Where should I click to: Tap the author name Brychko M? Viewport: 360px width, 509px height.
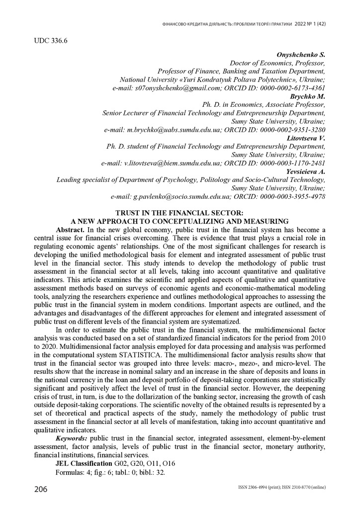(x=307, y=96)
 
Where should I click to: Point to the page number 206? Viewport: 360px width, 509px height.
(x=41, y=490)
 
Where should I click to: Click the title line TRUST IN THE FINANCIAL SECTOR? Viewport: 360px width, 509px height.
(x=180, y=213)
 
